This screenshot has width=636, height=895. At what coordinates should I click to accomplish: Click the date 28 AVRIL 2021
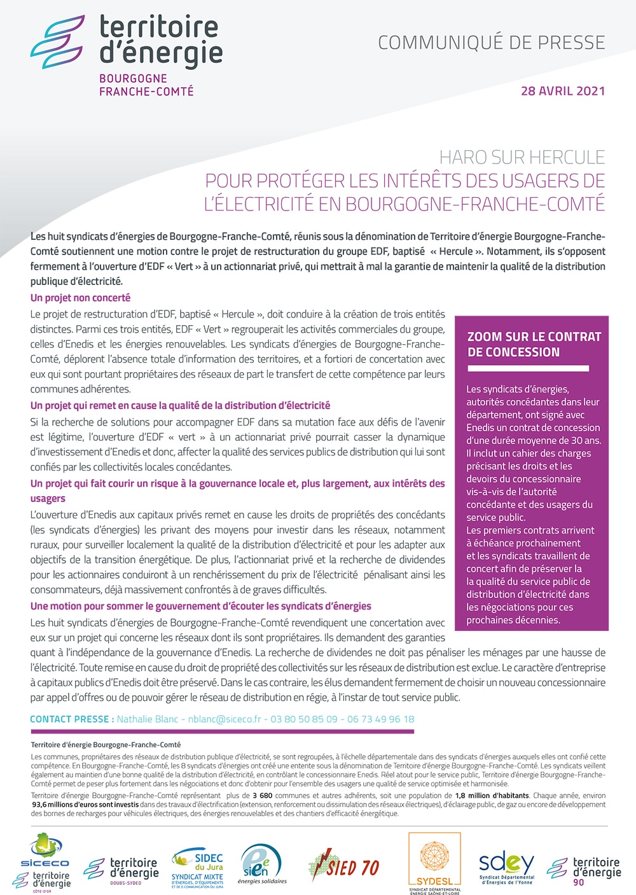[562, 90]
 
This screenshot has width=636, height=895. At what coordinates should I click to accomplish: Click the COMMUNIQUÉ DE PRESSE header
[491, 43]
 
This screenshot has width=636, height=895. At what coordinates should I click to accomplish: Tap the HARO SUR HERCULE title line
[522, 157]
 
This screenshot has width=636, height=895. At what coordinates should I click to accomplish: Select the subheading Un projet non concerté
[80, 298]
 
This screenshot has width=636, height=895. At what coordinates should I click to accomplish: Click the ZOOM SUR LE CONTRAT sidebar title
[534, 336]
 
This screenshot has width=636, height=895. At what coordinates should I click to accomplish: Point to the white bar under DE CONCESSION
[528, 368]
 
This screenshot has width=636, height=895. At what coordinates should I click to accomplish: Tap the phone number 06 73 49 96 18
[380, 719]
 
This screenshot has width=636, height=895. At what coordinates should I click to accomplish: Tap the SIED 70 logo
[344, 866]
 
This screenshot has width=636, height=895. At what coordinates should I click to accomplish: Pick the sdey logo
[506, 866]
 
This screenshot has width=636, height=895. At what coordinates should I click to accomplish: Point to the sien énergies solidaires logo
[261, 865]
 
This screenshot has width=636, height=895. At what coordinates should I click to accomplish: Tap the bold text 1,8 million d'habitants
[492, 796]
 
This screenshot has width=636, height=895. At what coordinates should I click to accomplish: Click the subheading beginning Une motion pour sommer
[200, 606]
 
